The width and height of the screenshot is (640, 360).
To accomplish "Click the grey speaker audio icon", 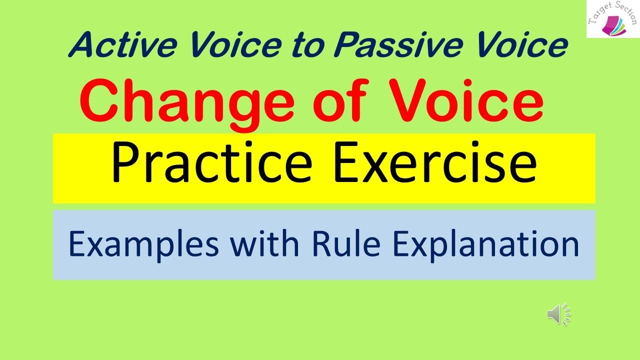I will pyautogui.click(x=558, y=314).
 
